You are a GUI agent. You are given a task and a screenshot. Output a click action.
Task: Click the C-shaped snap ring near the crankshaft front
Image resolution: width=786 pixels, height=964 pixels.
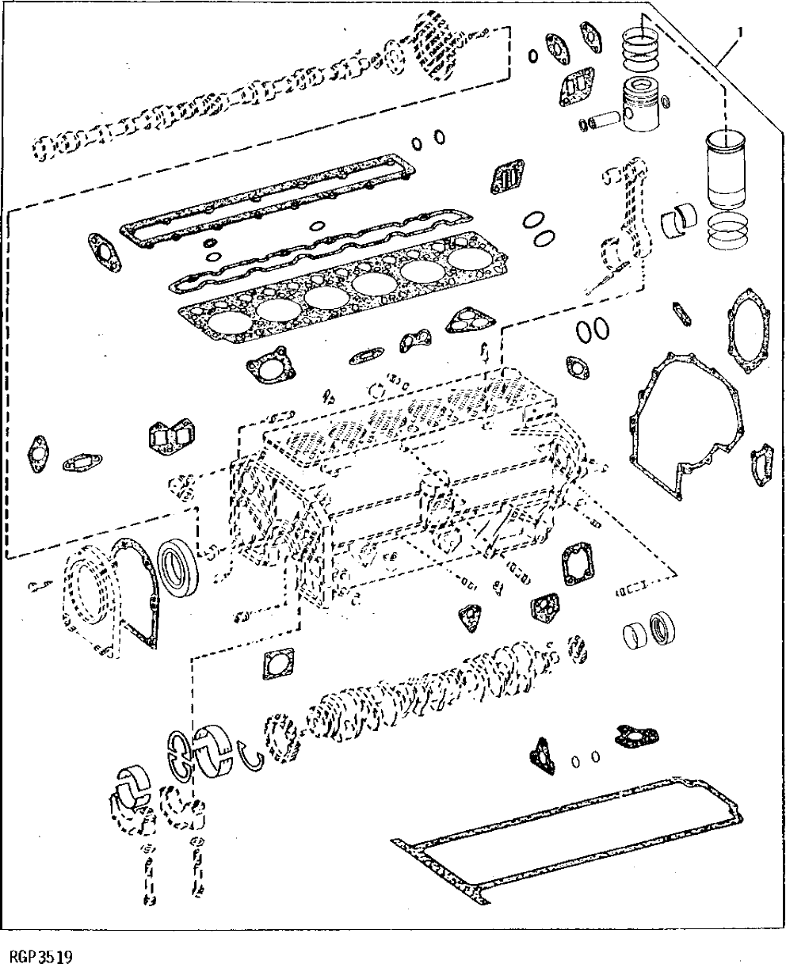[x=253, y=756]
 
